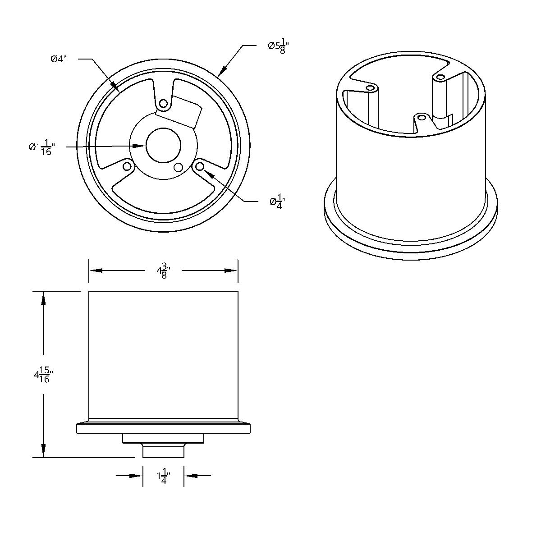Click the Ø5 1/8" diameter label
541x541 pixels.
click(278, 46)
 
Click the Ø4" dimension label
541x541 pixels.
click(59, 59)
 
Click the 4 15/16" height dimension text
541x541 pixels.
click(43, 375)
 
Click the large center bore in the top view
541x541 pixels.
click(163, 146)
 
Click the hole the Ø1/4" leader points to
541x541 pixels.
click(200, 167)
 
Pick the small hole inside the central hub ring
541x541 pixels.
click(178, 167)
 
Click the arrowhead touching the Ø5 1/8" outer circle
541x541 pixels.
click(221, 72)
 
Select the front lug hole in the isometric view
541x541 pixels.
click(422, 118)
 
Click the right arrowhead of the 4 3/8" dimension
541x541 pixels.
click(231, 270)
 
